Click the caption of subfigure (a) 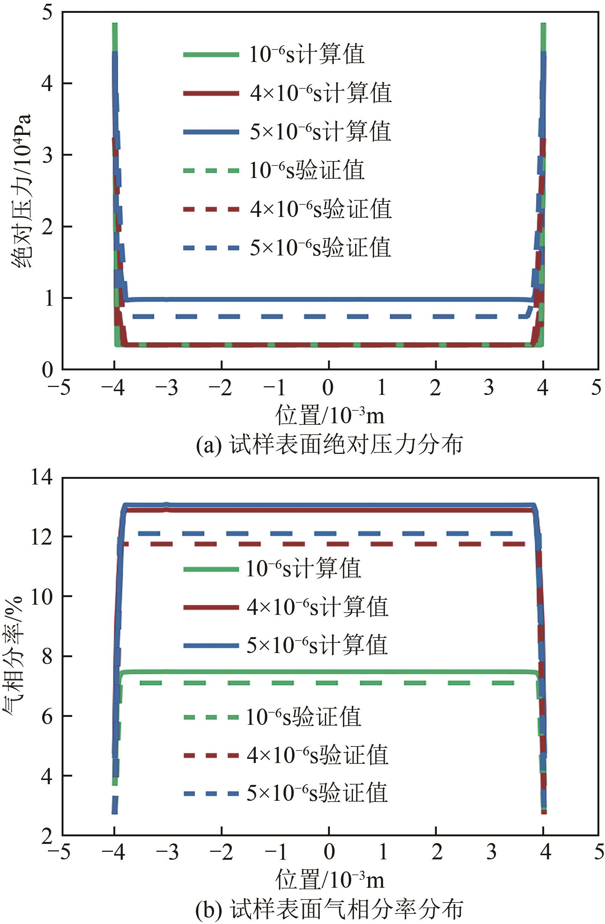click(329, 444)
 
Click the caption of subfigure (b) click(329, 909)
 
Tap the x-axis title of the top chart click(329, 415)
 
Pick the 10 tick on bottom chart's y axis click(42, 596)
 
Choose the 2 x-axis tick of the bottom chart click(437, 852)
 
